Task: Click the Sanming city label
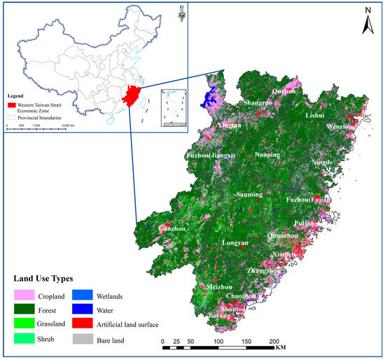(x=248, y=195)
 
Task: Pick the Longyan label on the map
(x=234, y=243)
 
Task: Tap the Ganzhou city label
(x=174, y=228)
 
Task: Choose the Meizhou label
(x=220, y=288)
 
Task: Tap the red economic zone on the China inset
(x=129, y=95)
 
